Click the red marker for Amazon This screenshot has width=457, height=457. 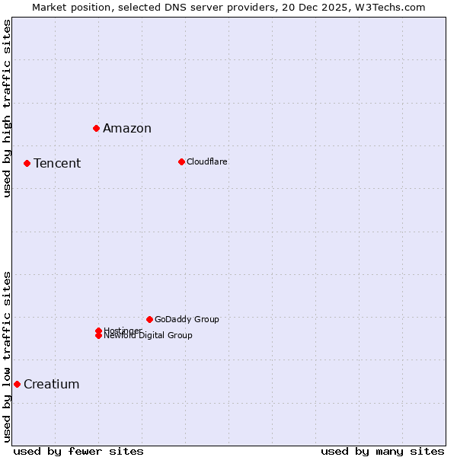[x=96, y=128]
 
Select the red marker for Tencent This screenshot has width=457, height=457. [x=27, y=163]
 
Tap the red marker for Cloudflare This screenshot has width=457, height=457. [x=181, y=161]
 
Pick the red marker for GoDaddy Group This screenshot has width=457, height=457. [x=149, y=319]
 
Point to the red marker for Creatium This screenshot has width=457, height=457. [x=17, y=384]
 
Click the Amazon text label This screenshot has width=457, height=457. [x=127, y=128]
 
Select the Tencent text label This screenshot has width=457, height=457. [x=57, y=163]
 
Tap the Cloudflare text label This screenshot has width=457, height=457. [x=207, y=161]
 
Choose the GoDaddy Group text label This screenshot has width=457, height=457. [x=187, y=319]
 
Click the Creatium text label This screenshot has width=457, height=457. [x=52, y=384]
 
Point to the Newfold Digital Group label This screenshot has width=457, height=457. [x=149, y=336]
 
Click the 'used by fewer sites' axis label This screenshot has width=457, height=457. [x=78, y=451]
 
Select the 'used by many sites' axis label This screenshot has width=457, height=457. [x=382, y=451]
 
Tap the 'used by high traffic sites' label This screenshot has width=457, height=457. [x=7, y=108]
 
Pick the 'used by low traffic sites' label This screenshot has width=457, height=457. [x=7, y=356]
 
